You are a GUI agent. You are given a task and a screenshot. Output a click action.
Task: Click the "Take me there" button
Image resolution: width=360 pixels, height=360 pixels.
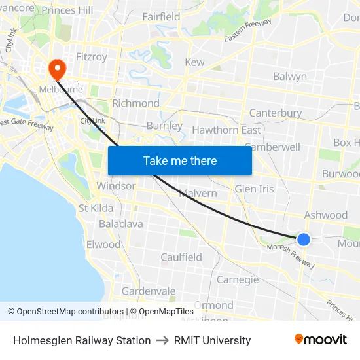(180, 160)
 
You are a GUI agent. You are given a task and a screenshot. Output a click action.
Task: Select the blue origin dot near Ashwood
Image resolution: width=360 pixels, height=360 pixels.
(304, 240)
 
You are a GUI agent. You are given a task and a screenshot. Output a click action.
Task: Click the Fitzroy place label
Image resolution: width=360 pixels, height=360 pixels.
(92, 57)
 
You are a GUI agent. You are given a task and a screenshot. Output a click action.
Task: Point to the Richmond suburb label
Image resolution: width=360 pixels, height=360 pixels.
(135, 103)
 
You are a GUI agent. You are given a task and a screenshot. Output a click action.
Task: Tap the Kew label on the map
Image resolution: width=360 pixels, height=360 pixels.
(194, 62)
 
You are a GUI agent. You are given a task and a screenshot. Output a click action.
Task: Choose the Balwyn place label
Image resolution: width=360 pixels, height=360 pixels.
(289, 77)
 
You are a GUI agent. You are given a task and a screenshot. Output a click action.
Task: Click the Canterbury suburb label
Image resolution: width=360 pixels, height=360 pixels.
(275, 113)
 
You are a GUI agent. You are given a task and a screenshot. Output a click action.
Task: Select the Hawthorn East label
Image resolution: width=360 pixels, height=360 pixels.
(226, 130)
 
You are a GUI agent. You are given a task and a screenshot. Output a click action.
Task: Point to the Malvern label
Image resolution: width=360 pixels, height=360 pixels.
(198, 193)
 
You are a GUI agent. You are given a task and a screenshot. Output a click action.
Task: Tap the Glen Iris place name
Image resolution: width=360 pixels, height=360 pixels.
(254, 189)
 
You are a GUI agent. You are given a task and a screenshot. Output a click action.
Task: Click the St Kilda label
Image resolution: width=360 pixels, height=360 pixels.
(96, 208)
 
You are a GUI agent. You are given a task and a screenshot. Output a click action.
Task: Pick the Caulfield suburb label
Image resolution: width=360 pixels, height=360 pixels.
(181, 257)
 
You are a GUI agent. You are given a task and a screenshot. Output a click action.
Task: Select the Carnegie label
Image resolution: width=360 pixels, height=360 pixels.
(238, 279)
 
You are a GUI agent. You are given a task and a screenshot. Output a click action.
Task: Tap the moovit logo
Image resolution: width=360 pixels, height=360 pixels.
(321, 340)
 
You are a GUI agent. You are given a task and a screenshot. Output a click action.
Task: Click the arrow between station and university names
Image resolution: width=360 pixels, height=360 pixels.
(162, 340)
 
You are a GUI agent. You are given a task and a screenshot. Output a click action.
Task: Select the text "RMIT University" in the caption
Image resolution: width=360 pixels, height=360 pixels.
(212, 340)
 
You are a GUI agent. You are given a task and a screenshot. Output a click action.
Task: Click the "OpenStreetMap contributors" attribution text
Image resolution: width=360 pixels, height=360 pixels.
(70, 312)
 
